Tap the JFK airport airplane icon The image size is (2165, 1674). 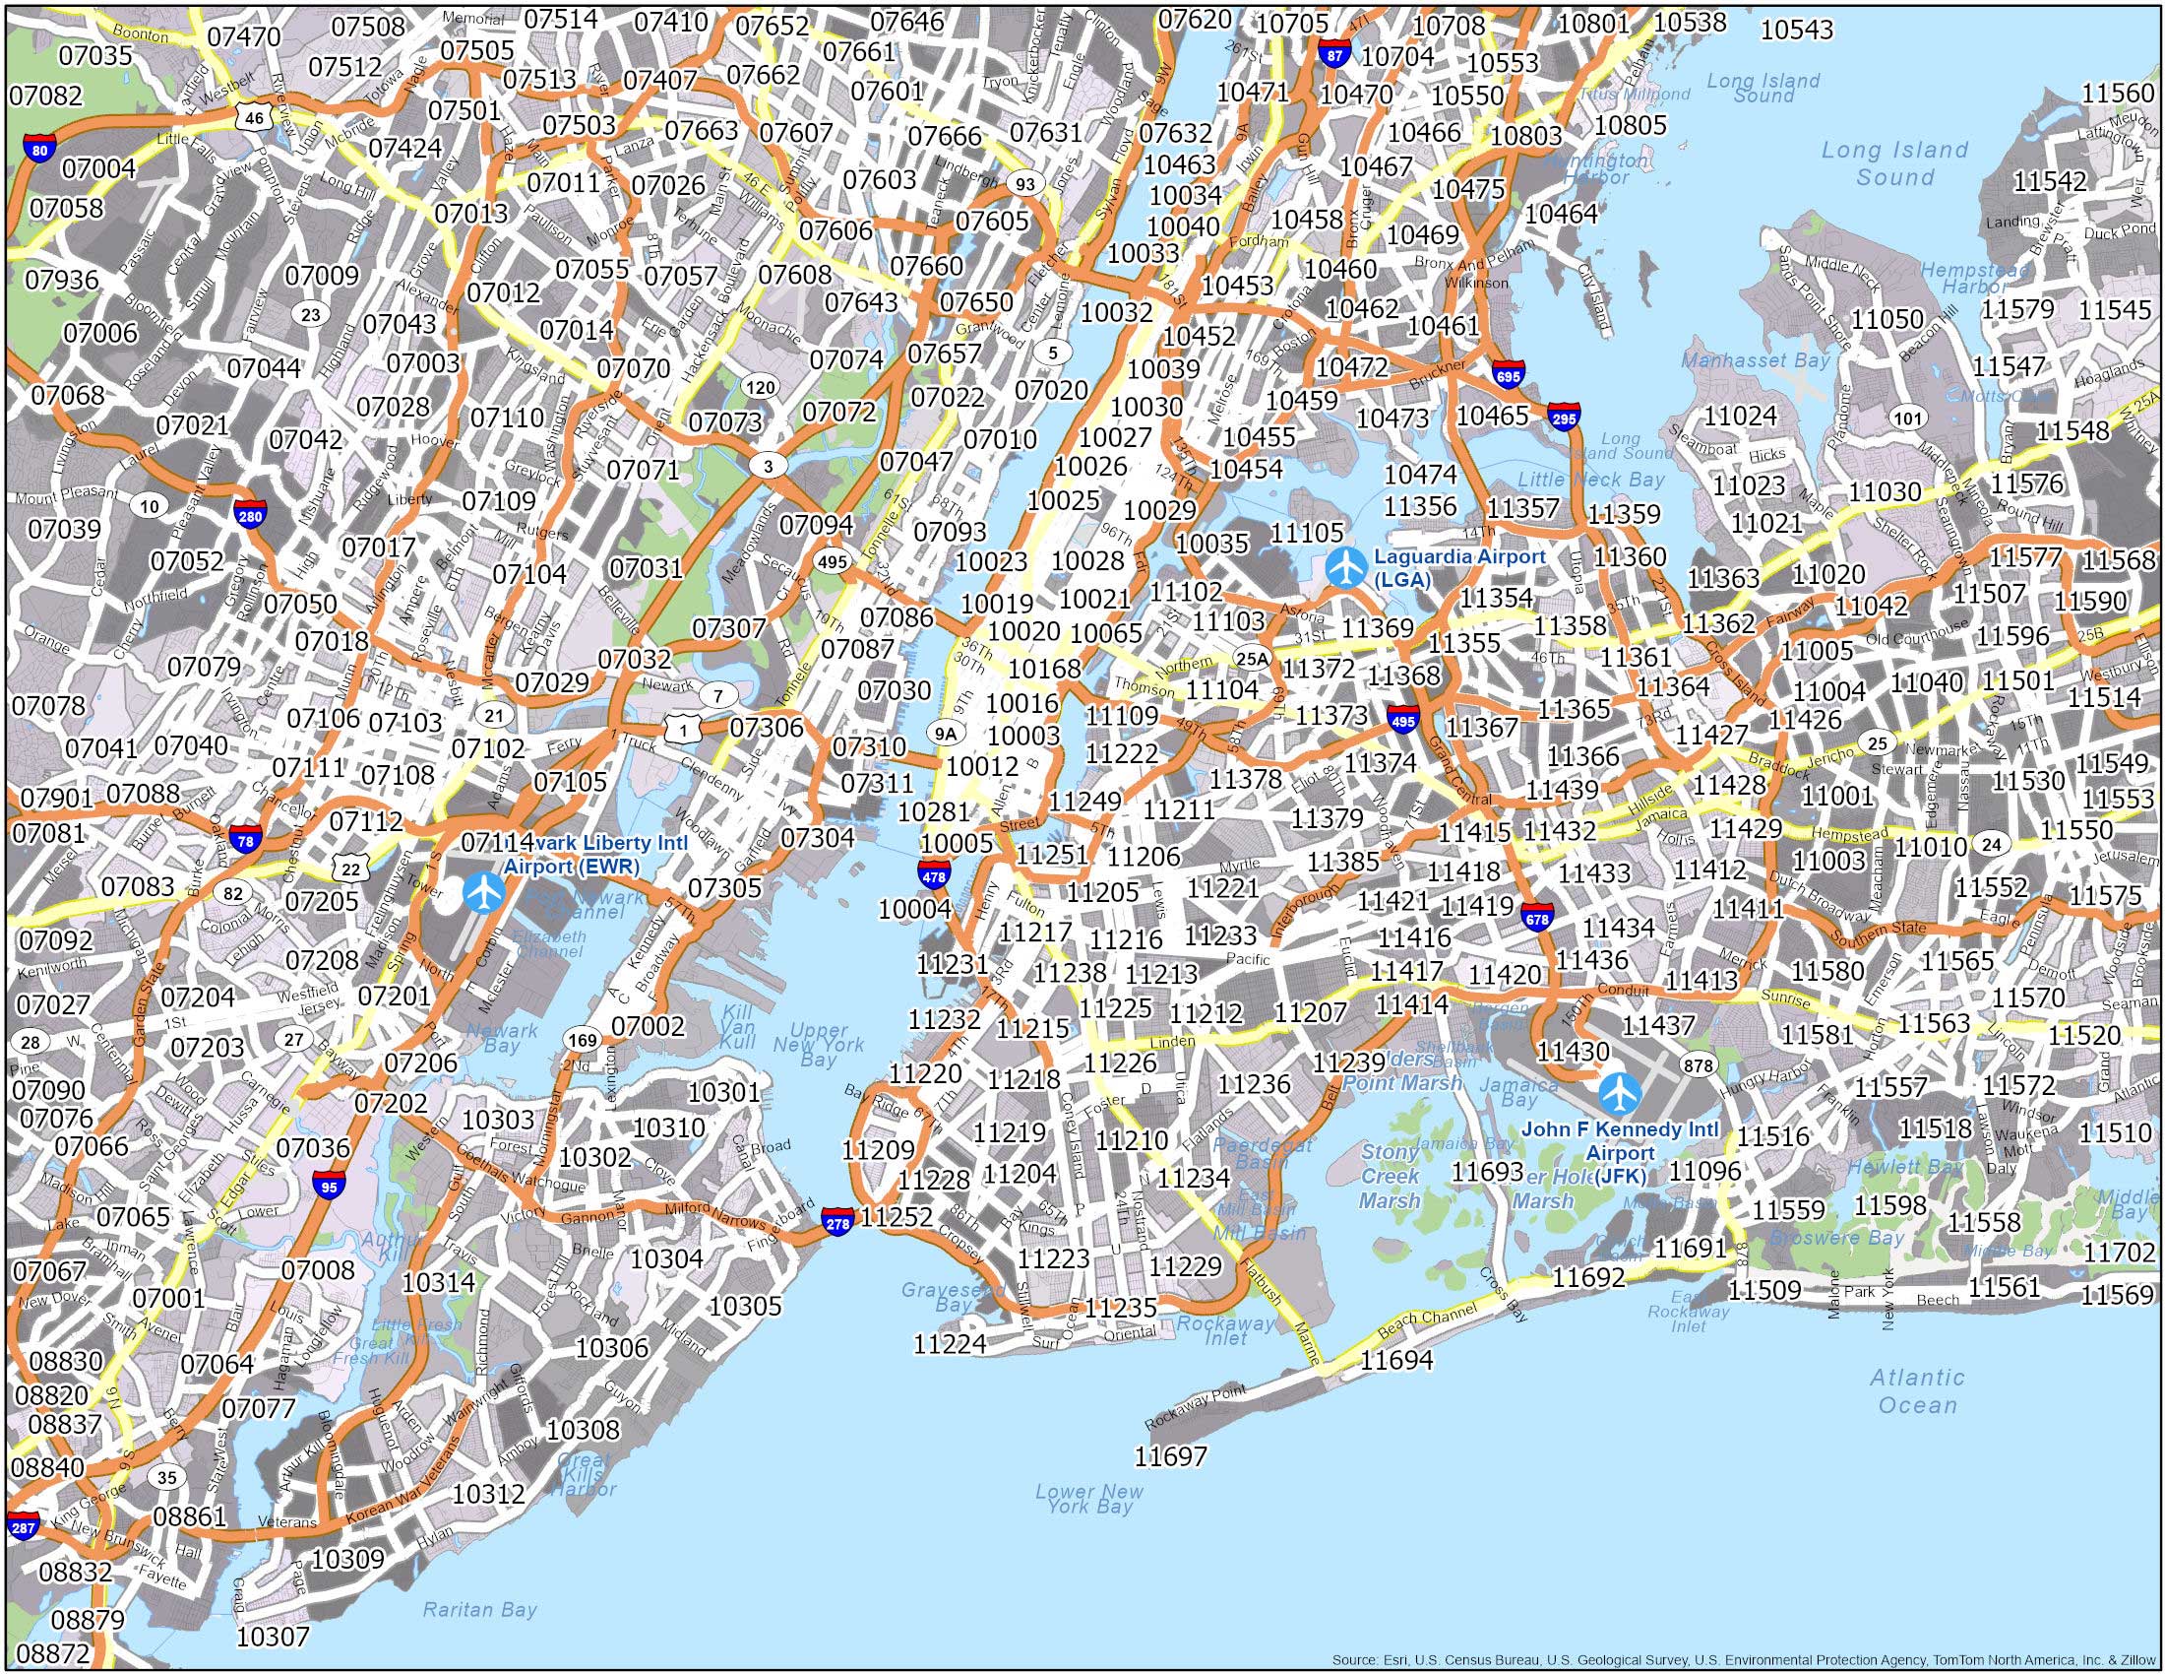1619,1093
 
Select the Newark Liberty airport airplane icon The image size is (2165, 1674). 484,891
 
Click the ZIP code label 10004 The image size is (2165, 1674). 915,909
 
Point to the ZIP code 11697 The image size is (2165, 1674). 1172,1455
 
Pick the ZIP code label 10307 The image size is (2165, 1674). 274,1636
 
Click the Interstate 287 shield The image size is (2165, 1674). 22,1526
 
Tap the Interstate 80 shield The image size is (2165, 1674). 38,151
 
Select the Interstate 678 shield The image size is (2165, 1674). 1537,919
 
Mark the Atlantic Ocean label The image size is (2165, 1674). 1916,1390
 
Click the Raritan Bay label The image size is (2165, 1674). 480,1610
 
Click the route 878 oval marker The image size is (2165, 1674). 1698,1066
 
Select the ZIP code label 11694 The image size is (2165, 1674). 1396,1360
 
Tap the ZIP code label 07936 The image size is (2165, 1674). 61,280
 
